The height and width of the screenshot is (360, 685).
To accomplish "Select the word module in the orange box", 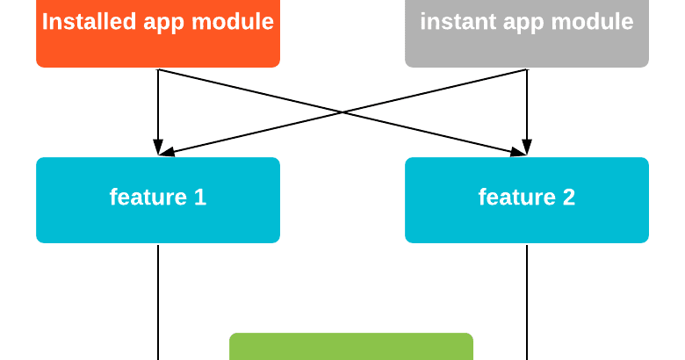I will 234,22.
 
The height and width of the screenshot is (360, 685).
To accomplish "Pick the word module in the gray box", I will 595,22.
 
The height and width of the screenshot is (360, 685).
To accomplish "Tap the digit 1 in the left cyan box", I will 199,198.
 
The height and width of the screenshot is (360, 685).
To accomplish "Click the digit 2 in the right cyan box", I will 568,198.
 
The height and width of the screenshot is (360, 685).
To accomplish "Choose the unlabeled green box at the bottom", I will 351,347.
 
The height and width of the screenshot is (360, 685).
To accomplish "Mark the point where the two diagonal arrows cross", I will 342,112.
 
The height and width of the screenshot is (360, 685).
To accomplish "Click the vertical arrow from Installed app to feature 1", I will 158,105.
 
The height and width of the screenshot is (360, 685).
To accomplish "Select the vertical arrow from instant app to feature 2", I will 527,105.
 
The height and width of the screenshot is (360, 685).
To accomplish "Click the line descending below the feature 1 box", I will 158,299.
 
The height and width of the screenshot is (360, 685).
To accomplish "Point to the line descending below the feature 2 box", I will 527,299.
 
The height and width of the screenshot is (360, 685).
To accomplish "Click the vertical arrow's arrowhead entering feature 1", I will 158,148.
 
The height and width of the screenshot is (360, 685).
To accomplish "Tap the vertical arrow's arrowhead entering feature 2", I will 527,148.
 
